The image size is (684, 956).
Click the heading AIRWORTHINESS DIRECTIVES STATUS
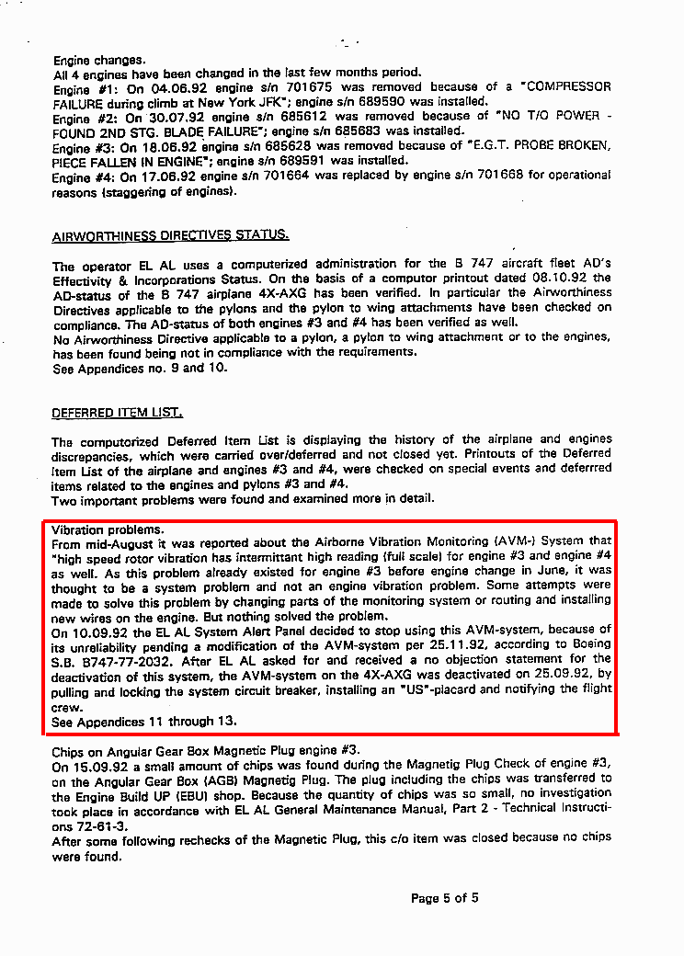click(171, 235)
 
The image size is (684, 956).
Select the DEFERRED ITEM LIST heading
click(118, 413)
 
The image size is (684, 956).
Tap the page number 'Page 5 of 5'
click(444, 898)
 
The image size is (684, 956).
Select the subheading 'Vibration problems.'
click(108, 530)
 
